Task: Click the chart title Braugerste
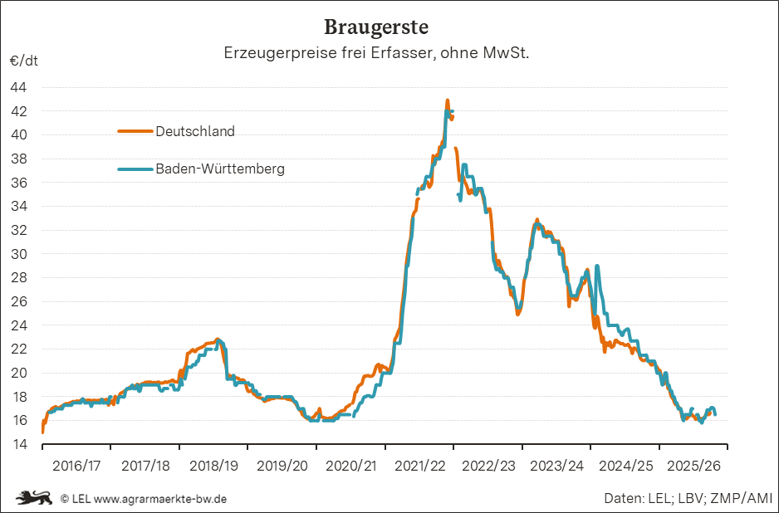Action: pyautogui.click(x=376, y=27)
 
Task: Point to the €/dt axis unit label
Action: pyautogui.click(x=23, y=61)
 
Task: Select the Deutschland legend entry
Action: pyautogui.click(x=195, y=131)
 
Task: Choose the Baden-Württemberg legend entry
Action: pyautogui.click(x=220, y=169)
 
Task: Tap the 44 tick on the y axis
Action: pyautogui.click(x=18, y=87)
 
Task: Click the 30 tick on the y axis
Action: pyautogui.click(x=18, y=254)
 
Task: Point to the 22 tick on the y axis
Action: pyautogui.click(x=18, y=349)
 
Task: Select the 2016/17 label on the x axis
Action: pyautogui.click(x=76, y=467)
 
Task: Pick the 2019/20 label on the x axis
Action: pyautogui.click(x=282, y=467)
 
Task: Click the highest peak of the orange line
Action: pyautogui.click(x=448, y=100)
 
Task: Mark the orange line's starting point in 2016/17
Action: pyautogui.click(x=42, y=432)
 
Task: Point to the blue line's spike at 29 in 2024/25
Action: pyautogui.click(x=597, y=266)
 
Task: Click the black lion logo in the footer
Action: pyautogui.click(x=34, y=498)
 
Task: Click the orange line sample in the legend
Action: pyautogui.click(x=135, y=131)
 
